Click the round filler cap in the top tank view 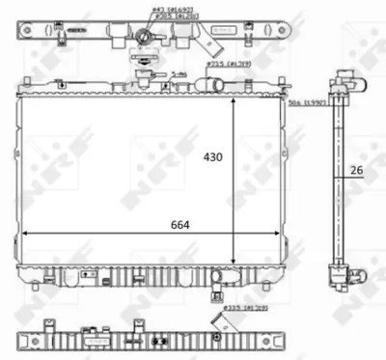[146, 38]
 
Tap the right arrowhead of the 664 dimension [283, 235]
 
